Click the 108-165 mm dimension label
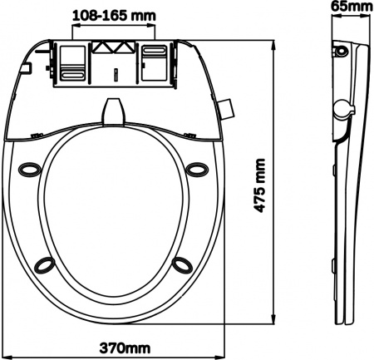pyautogui.click(x=114, y=16)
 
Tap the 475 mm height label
pyautogui.click(x=259, y=185)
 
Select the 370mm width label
pyautogui.click(x=125, y=348)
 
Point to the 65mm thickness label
pyautogui.click(x=352, y=6)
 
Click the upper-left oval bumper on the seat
pyautogui.click(x=30, y=169)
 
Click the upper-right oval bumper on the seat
pyautogui.click(x=197, y=169)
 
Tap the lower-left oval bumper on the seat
pyautogui.click(x=44, y=264)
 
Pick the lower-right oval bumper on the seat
pyautogui.click(x=182, y=264)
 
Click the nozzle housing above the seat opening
pyautogui.click(x=114, y=111)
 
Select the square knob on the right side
pyautogui.click(x=226, y=109)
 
